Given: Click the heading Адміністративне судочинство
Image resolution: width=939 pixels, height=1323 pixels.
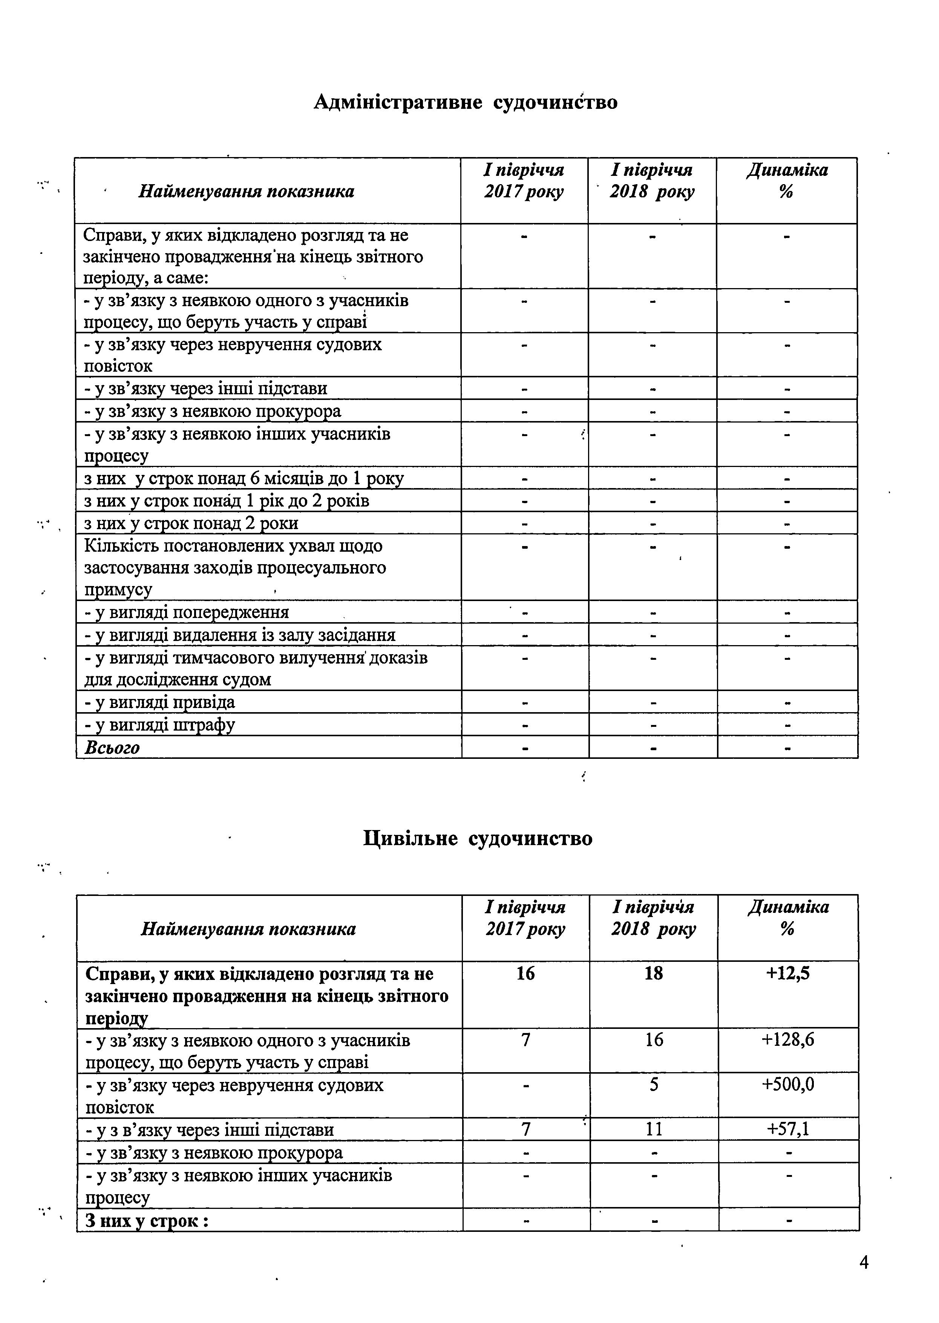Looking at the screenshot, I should pyautogui.click(x=466, y=102).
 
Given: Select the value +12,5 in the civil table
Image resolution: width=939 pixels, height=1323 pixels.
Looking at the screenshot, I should pyautogui.click(x=787, y=974).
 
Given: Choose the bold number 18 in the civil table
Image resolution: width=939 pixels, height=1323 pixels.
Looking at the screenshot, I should pyautogui.click(x=653, y=974).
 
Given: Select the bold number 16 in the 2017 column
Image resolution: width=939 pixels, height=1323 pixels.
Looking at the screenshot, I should pyautogui.click(x=525, y=974).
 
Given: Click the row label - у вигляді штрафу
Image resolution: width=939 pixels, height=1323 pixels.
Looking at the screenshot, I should pyautogui.click(x=159, y=725).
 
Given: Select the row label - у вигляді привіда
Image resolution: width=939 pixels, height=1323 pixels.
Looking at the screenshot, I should pyautogui.click(x=159, y=702).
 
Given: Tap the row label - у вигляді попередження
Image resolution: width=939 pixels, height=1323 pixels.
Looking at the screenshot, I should pyautogui.click(x=187, y=612).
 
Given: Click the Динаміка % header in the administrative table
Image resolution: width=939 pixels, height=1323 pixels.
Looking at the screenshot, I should pyautogui.click(x=787, y=181).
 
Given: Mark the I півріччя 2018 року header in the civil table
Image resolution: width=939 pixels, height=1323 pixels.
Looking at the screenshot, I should pyautogui.click(x=653, y=918).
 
